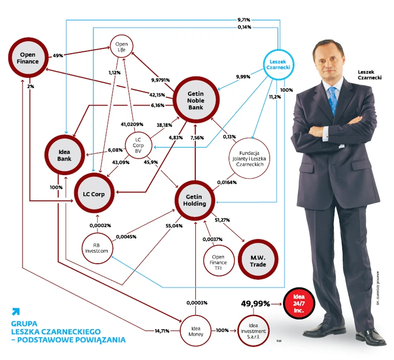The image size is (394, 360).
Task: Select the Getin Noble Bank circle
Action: click(x=195, y=100)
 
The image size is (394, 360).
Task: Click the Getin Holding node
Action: click(x=195, y=200)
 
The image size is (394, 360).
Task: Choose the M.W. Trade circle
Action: click(x=257, y=261)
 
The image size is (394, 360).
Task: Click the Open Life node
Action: click(x=121, y=47)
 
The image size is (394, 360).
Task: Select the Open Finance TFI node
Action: click(x=219, y=263)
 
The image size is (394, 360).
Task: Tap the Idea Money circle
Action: click(x=196, y=330)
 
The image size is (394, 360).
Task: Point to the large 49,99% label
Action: click(x=255, y=304)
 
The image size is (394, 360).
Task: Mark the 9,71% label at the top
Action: click(x=244, y=20)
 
